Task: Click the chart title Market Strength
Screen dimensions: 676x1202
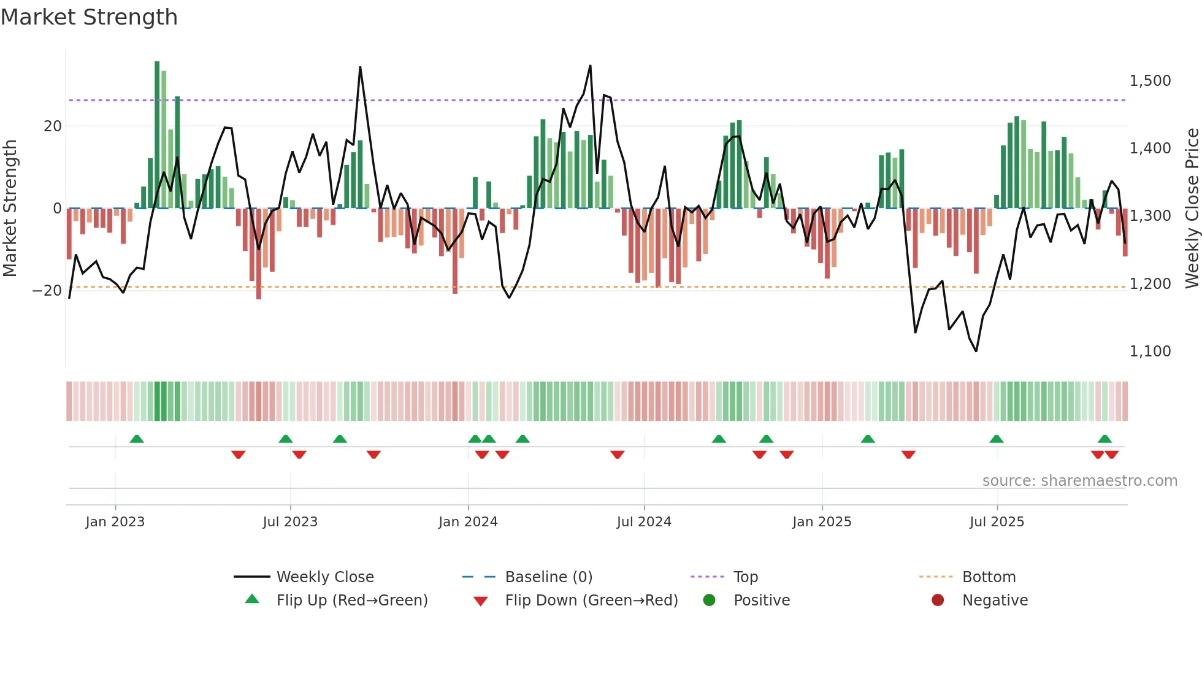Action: (89, 17)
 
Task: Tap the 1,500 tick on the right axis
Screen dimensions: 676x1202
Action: (1150, 81)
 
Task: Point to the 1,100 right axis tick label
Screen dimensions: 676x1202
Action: (1150, 351)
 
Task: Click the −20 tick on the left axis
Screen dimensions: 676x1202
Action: (47, 290)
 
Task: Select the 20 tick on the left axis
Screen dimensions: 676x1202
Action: (53, 126)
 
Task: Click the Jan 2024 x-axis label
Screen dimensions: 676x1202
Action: (468, 522)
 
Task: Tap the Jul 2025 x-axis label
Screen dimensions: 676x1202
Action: (997, 522)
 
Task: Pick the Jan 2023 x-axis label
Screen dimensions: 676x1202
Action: (115, 522)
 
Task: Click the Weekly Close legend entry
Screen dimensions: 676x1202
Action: (324, 577)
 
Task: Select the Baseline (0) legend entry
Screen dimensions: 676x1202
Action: (548, 577)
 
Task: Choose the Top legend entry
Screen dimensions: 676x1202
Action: (745, 577)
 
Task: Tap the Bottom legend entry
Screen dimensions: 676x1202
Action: (989, 577)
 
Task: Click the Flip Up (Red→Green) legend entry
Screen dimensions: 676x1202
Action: (351, 601)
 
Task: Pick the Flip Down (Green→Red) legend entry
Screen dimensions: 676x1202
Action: (591, 601)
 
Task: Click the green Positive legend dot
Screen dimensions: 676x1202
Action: (710, 601)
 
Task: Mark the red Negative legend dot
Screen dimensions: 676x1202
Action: (938, 601)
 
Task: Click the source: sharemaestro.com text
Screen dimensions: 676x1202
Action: (1079, 481)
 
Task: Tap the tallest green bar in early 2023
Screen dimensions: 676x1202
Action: (157, 135)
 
